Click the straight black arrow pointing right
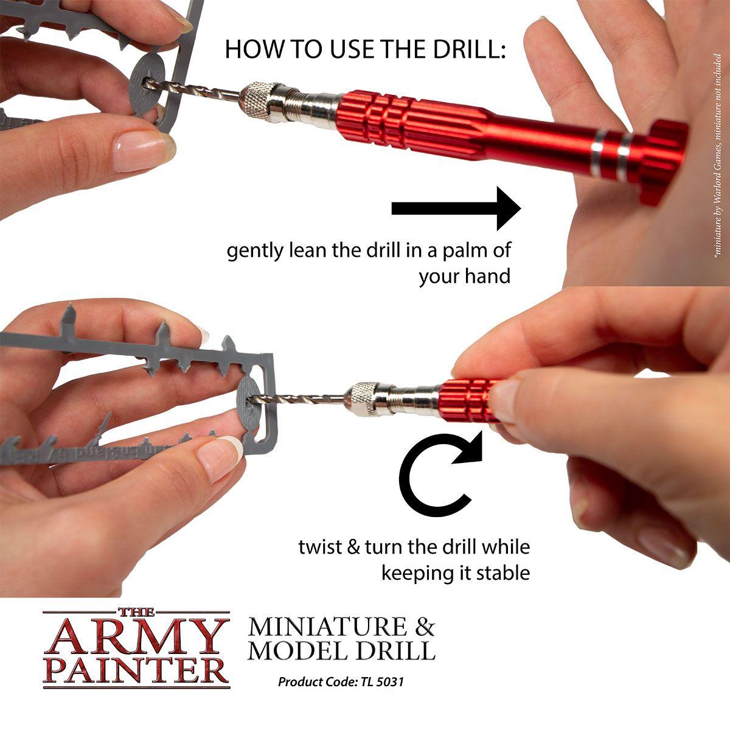click(456, 209)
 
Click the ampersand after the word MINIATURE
click(423, 627)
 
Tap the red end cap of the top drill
click(663, 158)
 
